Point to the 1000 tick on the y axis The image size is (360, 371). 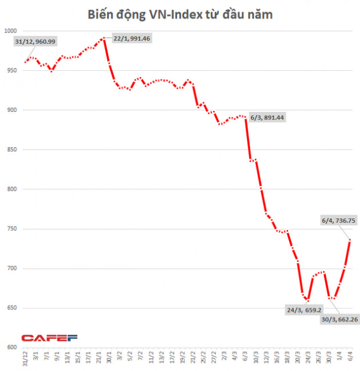[x=10, y=30]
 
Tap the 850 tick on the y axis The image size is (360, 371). [x=11, y=150]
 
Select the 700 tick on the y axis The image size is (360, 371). [x=11, y=268]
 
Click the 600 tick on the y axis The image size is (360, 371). [x=11, y=348]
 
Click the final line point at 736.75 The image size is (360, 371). [x=349, y=240]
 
